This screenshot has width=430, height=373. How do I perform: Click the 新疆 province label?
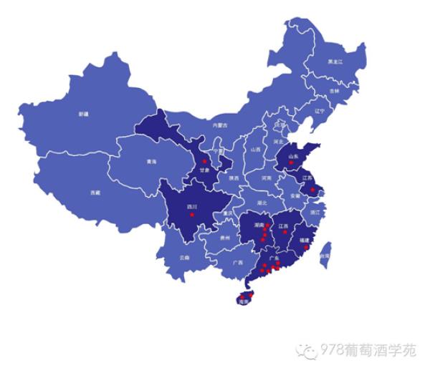(84, 113)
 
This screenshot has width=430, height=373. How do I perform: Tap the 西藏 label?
(95, 193)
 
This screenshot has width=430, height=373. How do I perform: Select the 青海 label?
(151, 162)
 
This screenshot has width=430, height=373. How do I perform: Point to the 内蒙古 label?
(219, 125)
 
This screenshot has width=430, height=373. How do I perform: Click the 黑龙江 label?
(335, 62)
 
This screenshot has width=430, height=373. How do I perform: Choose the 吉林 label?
(334, 91)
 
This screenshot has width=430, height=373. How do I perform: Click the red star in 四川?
(192, 214)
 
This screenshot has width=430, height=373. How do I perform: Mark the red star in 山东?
(291, 163)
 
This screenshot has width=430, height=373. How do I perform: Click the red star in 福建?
(307, 247)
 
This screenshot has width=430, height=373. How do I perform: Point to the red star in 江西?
(285, 232)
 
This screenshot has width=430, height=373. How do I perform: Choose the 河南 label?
(267, 178)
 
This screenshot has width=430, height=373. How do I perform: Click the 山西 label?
(256, 150)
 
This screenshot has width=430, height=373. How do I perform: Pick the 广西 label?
(237, 263)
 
